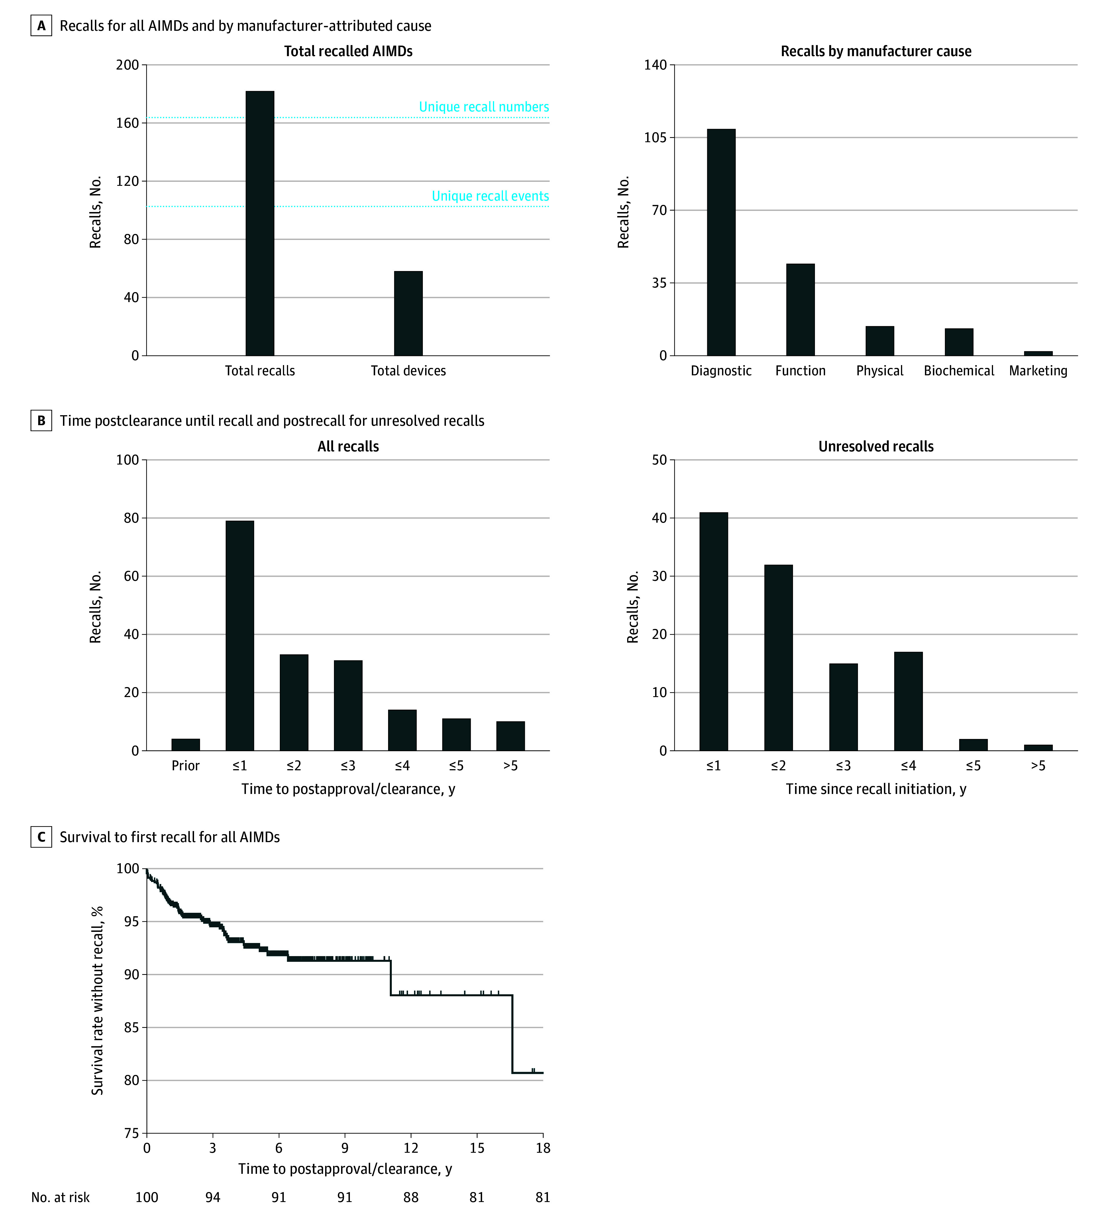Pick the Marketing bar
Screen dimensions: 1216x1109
[x=1038, y=353]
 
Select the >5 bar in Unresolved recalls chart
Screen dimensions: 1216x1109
[x=1038, y=747]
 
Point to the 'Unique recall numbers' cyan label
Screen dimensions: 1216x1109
[x=484, y=107]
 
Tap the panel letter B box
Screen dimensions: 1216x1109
[x=41, y=420]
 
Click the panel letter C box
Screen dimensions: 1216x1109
[x=41, y=837]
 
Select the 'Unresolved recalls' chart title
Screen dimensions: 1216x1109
[x=876, y=446]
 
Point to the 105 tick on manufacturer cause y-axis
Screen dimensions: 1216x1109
[x=655, y=138]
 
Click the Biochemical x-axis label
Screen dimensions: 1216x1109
[x=959, y=370]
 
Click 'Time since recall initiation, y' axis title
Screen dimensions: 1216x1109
[x=876, y=789]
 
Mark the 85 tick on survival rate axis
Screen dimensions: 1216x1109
[x=131, y=1027]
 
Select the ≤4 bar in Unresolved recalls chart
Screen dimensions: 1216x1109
[x=908, y=701]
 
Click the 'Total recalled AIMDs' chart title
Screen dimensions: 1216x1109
[x=348, y=51]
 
